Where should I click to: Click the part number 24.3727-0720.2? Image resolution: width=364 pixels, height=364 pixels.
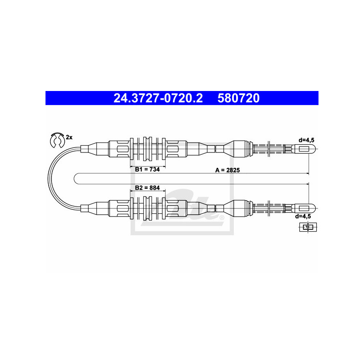click(158, 98)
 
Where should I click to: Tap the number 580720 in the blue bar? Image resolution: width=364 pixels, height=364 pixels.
click(238, 98)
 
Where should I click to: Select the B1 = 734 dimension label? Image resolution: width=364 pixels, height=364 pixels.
click(147, 169)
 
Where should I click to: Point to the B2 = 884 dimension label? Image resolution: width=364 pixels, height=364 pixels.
click(147, 187)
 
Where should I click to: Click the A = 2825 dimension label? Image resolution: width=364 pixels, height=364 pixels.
click(227, 170)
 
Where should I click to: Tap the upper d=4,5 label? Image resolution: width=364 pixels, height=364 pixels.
click(306, 140)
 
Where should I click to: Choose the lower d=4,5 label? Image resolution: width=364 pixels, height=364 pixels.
click(303, 217)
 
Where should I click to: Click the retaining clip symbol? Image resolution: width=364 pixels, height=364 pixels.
click(57, 140)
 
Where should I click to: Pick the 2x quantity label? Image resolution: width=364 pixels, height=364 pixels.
click(69, 137)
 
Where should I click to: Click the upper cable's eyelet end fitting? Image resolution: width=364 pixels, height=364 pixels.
click(305, 149)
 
